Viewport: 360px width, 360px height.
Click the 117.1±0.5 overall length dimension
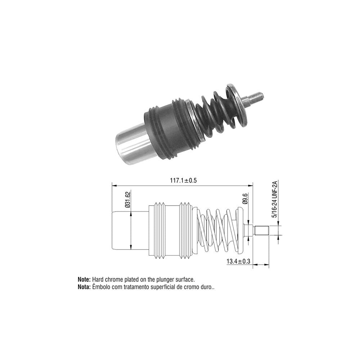coord(183,180)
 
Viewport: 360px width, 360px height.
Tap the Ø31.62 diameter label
coord(128,199)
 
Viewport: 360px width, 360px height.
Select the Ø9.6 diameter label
coord(245,199)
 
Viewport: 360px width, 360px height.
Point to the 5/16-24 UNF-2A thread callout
coord(275,199)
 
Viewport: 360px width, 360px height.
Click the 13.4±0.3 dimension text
coord(238,261)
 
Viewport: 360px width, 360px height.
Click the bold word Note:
coord(84,280)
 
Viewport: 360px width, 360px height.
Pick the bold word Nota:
coord(84,287)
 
